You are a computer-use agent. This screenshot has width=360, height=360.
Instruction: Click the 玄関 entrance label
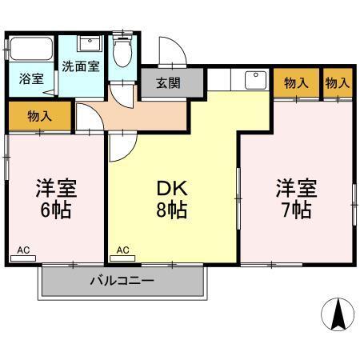(x=168, y=82)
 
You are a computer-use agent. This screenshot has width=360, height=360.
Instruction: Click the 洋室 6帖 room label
(x=55, y=200)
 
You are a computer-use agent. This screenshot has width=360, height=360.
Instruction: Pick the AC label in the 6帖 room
(x=23, y=250)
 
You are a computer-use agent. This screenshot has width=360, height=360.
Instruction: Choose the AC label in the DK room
(x=123, y=250)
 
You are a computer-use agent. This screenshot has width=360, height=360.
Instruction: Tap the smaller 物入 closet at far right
(x=337, y=82)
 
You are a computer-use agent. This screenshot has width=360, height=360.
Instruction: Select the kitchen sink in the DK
(x=255, y=79)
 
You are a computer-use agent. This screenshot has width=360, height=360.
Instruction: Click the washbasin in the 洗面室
(x=89, y=43)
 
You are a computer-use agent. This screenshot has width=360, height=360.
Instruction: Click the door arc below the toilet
(x=120, y=92)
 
